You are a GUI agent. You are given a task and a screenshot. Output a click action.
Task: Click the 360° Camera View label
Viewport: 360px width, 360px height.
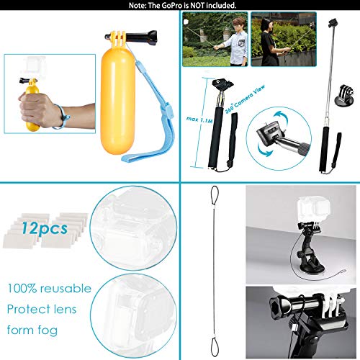click(x=235, y=80)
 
